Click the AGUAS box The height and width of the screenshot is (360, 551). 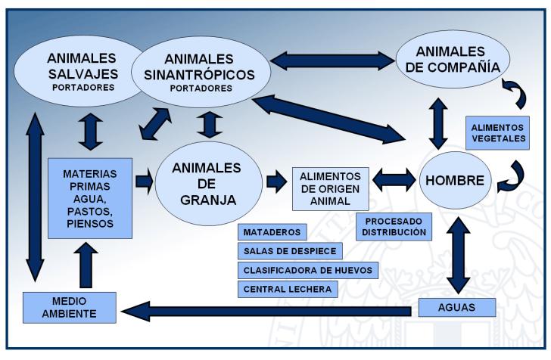click(x=456, y=307)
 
